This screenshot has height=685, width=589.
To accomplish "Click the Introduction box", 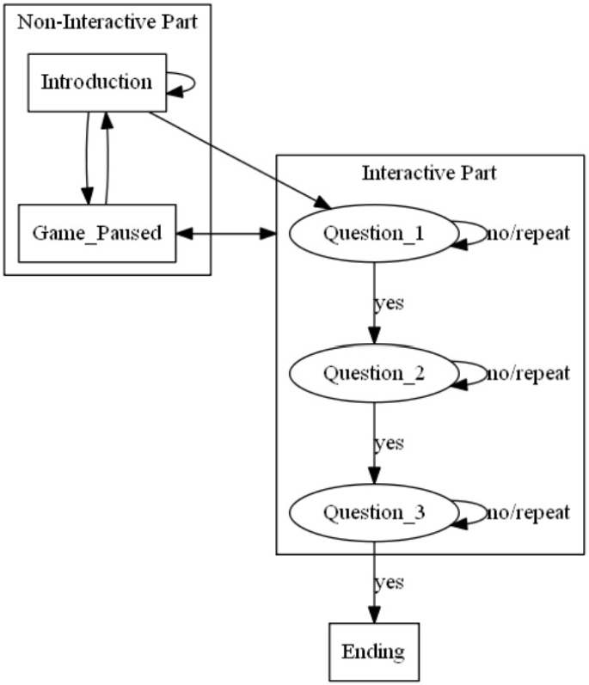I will pos(97,83).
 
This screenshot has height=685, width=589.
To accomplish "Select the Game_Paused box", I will pos(97,233).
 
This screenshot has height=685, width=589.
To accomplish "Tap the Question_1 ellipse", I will pos(372,234).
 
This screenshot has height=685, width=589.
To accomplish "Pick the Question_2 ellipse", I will pos(372,373).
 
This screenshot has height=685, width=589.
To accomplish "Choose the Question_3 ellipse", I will pos(372,513).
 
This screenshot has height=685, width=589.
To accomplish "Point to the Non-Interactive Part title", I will pos(107,21).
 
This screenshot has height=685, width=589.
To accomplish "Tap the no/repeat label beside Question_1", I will pos(528,234).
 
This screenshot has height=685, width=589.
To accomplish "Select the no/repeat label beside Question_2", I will pos(528,373).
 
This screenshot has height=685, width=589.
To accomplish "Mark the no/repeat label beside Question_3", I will pos(528,513).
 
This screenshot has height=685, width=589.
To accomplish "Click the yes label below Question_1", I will pos(389,303).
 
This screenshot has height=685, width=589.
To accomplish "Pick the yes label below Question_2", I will pos(389,443).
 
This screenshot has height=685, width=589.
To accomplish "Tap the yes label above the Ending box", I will pos(389,583).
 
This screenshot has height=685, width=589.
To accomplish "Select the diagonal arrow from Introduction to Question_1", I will pos(240,159).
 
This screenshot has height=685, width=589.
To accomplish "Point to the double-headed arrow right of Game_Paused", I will pos(225,233).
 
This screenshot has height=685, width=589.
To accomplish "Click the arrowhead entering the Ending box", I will pos(373,613).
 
